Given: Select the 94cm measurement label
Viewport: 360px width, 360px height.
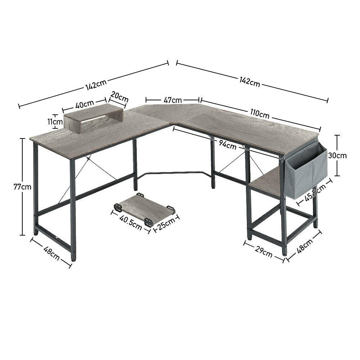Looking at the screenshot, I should pyautogui.click(x=227, y=146).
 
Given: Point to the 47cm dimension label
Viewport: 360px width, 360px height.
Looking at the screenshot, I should pyautogui.click(x=173, y=100).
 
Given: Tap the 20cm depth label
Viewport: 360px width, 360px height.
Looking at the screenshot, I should pyautogui.click(x=119, y=97).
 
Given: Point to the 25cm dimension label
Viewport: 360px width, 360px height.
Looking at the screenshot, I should pyautogui.click(x=166, y=224).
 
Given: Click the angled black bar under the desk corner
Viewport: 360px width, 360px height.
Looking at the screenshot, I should pyautogui.click(x=173, y=174).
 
